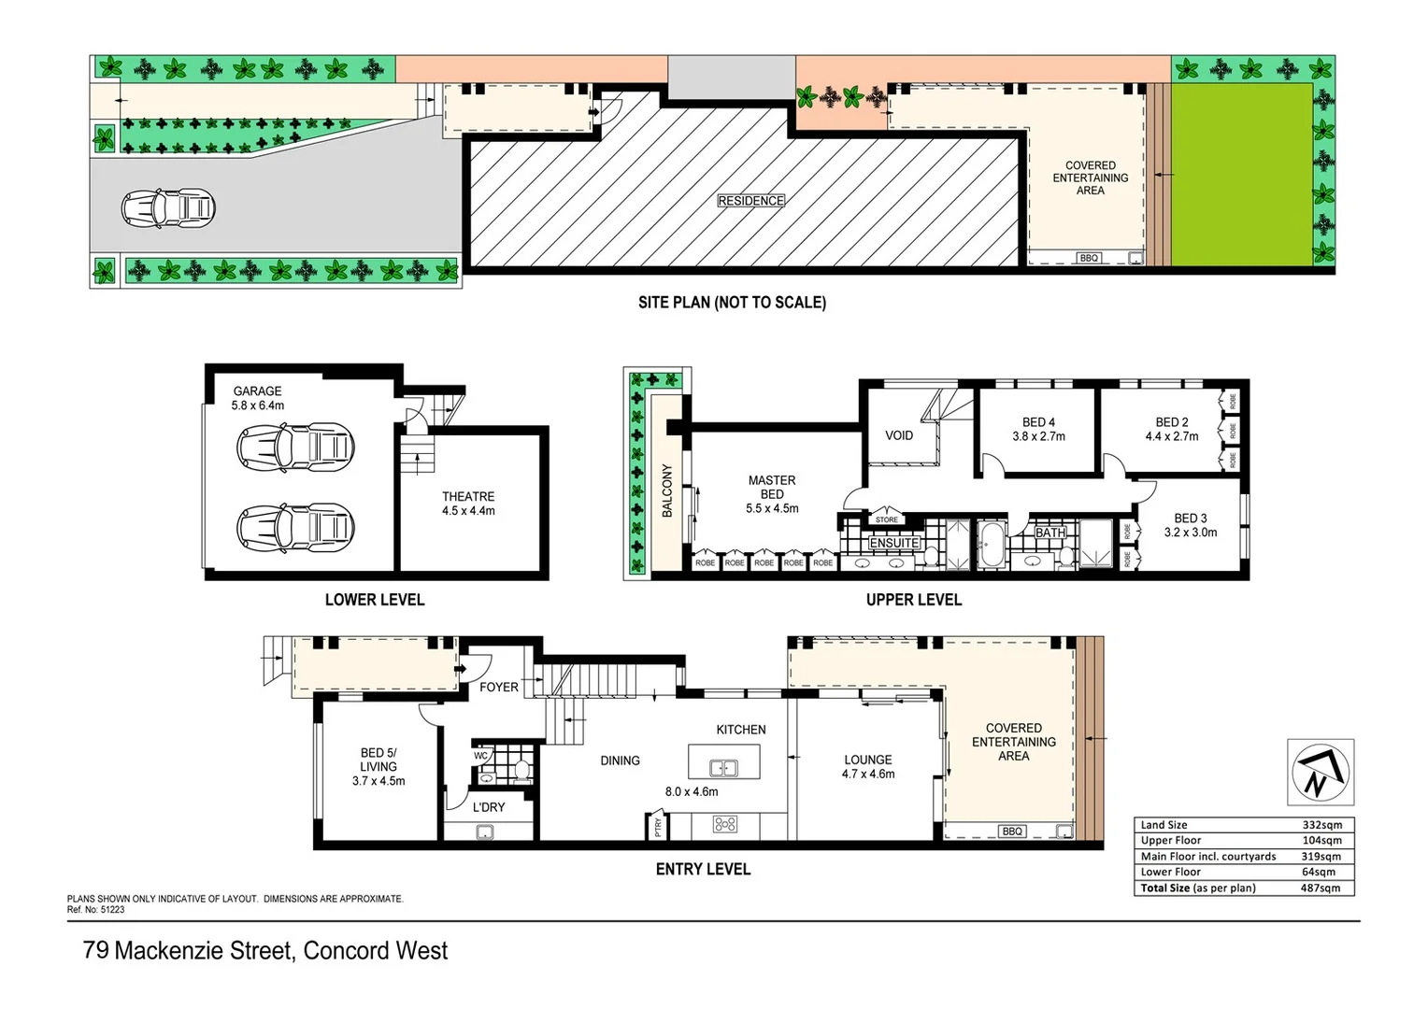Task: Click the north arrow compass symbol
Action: tap(1320, 772)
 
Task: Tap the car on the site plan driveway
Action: tap(168, 208)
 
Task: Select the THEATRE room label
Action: tap(468, 497)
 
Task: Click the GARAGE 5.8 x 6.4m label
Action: tap(258, 398)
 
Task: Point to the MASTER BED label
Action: tap(772, 487)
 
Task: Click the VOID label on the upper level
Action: tap(899, 435)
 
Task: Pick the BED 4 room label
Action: tap(1038, 422)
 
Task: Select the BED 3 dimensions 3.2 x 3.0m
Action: tap(1190, 533)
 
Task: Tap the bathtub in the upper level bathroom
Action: tap(990, 545)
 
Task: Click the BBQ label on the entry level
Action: tap(1012, 831)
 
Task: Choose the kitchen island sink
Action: tap(723, 768)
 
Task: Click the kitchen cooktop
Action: tap(725, 824)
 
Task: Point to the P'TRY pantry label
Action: tap(658, 826)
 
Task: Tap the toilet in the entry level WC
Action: tap(521, 771)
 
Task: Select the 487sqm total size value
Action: tap(1320, 888)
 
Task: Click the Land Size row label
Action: tap(1164, 825)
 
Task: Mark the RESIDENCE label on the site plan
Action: tap(750, 201)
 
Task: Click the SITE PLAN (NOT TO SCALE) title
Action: tap(732, 303)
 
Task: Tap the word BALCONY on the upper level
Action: tap(667, 490)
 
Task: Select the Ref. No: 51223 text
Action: tap(95, 909)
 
